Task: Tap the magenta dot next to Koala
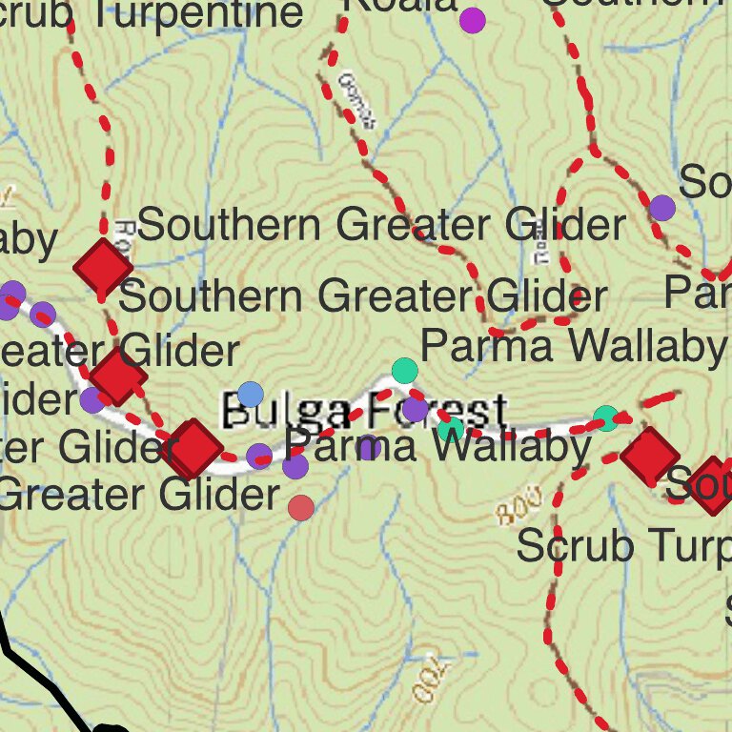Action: pos(472,20)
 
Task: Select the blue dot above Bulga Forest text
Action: pos(250,394)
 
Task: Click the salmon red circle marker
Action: pos(301,508)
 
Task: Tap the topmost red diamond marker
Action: pos(103,268)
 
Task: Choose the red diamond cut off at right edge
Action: pos(713,485)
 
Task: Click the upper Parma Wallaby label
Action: pos(572,346)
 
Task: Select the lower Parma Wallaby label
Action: pos(438,446)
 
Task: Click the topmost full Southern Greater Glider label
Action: pos(381,226)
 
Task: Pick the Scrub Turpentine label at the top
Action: pos(152,14)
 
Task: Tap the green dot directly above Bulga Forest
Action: pos(405,370)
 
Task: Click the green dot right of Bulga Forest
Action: pos(606,417)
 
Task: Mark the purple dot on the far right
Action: pos(662,207)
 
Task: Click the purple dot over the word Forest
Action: pos(415,410)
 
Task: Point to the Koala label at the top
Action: pos(400,6)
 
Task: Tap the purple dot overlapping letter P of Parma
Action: pos(295,466)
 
